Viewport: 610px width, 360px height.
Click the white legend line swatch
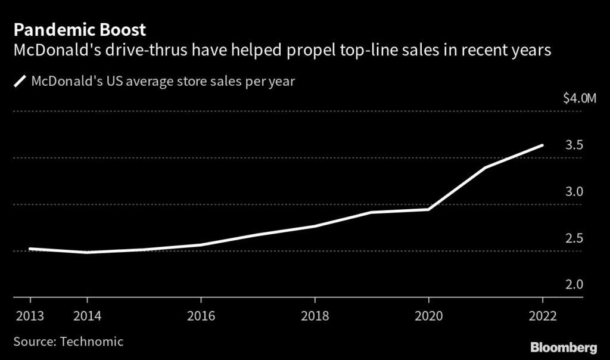(20, 81)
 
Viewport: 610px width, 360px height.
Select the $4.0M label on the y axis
(579, 99)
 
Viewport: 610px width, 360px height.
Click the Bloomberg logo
(565, 346)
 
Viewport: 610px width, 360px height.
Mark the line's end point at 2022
(542, 145)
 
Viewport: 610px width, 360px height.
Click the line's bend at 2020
(428, 209)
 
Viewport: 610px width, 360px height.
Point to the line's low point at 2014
(87, 252)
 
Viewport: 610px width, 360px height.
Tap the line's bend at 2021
(485, 167)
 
